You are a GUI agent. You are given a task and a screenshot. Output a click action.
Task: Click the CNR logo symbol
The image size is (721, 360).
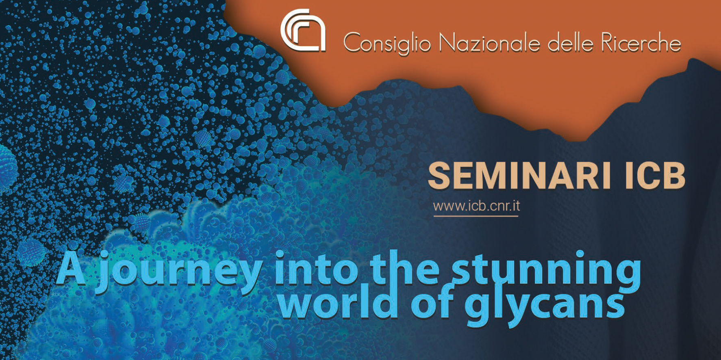(303, 31)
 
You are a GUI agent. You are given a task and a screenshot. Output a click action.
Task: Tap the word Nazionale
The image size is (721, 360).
(489, 42)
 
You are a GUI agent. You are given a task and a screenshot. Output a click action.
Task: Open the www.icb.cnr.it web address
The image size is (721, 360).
(476, 206)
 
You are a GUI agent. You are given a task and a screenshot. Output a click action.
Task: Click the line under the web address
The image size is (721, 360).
(476, 216)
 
